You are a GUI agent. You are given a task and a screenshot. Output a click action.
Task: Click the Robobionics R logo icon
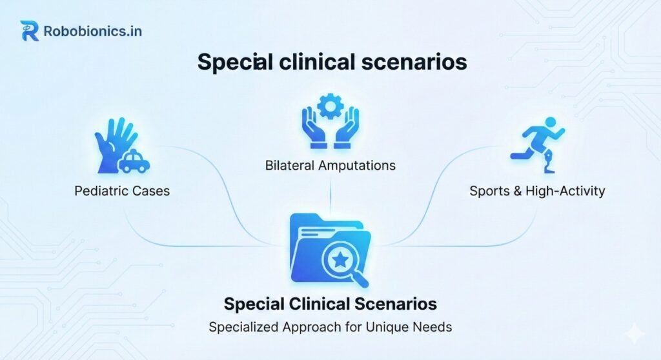tap(29, 31)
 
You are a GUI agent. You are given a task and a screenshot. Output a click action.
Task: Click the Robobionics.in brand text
tap(93, 31)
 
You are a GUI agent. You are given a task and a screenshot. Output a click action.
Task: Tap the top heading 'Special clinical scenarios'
tap(332, 62)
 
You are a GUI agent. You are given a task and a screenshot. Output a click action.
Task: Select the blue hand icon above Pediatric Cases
tap(114, 145)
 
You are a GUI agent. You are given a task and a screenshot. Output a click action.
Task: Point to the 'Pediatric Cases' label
tap(122, 191)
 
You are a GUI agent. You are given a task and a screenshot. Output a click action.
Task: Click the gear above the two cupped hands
tap(330, 106)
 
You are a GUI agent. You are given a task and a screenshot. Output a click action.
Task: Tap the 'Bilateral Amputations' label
tap(330, 165)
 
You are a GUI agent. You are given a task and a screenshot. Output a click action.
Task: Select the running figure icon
tap(538, 145)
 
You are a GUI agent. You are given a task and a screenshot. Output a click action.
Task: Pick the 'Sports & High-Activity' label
tap(537, 191)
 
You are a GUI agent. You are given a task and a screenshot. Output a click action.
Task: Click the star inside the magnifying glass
tap(340, 260)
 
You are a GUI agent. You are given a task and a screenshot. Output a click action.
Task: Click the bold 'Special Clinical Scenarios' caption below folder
tap(330, 304)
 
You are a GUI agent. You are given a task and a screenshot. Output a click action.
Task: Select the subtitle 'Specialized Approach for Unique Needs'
tap(330, 327)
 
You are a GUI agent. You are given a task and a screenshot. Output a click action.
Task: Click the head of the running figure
tap(550, 123)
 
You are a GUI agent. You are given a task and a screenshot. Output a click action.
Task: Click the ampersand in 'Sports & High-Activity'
tap(517, 191)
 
